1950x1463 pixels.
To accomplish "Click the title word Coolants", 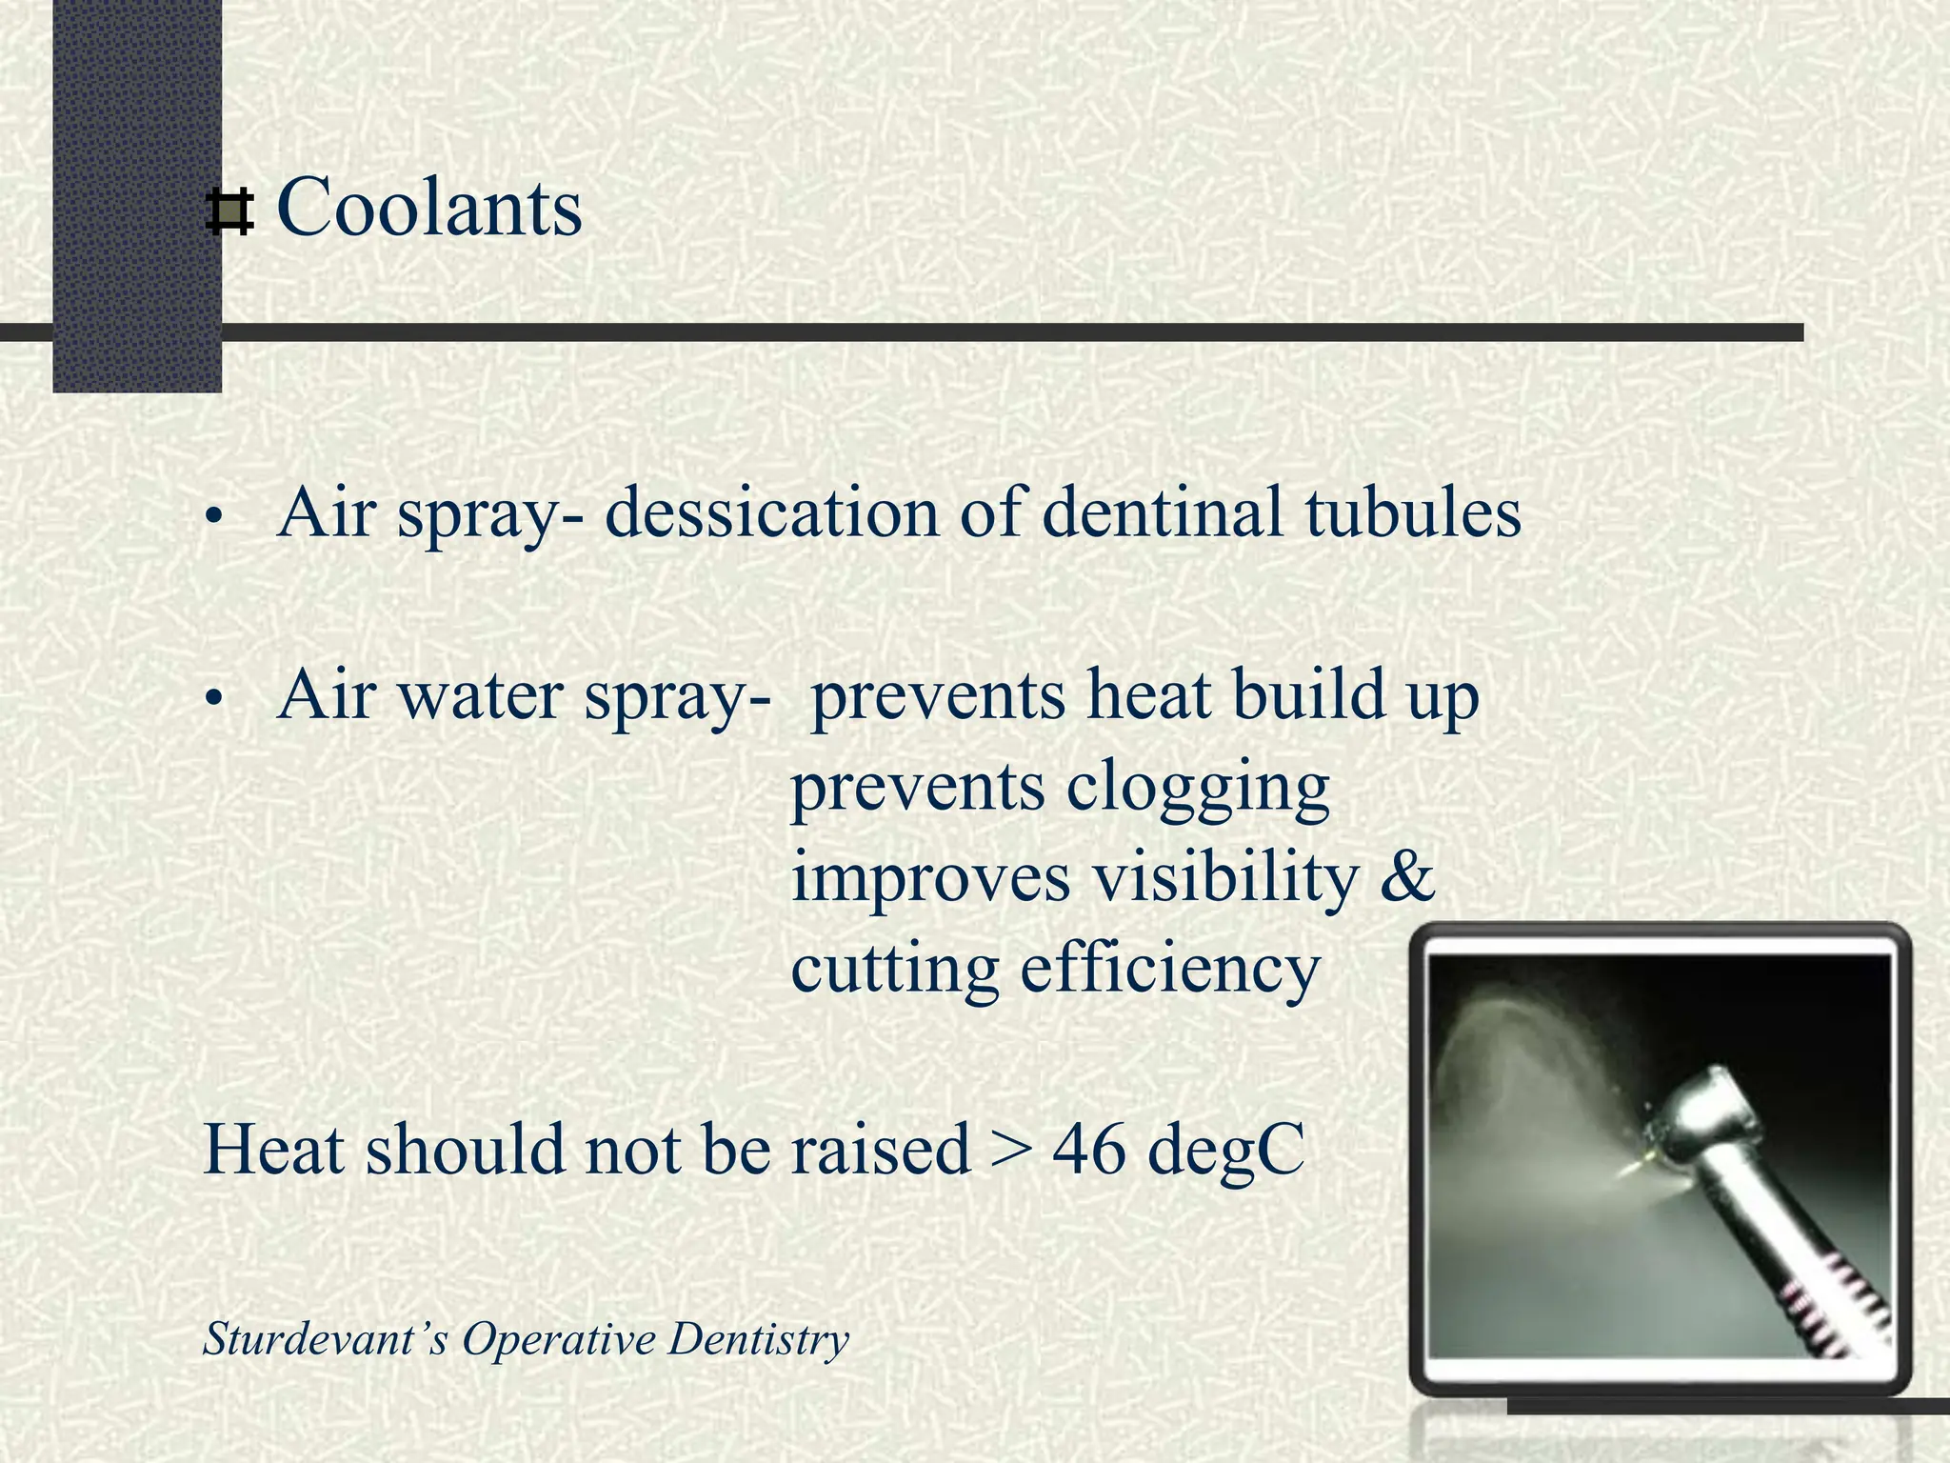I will tap(428, 208).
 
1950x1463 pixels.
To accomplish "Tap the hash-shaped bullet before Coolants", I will tap(229, 212).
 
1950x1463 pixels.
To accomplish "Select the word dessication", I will tap(772, 513).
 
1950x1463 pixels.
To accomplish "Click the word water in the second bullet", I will tap(481, 696).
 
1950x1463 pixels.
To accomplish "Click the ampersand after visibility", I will tap(1407, 877).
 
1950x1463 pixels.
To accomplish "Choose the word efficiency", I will tap(1170, 970).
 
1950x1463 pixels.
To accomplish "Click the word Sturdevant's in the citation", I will tap(325, 1339).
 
